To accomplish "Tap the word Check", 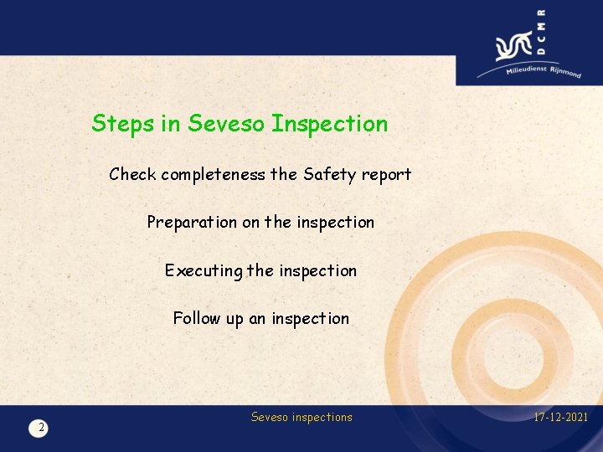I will coord(132,175).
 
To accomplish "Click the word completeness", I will coord(213,176).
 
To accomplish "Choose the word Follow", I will coord(196,318).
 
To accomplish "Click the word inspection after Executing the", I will coord(317,271).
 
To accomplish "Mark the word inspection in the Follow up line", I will coord(310,318).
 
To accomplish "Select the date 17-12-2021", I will coord(559,417).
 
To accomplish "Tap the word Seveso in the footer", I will coord(271,417).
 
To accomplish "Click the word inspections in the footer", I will coord(323,417).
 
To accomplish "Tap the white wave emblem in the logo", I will coord(513,47).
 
